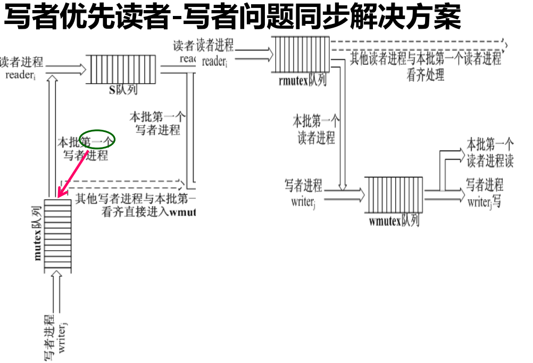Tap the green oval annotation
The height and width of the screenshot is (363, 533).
[97, 139]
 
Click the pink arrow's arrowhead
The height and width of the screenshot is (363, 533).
[60, 194]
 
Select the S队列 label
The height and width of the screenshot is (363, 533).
[123, 89]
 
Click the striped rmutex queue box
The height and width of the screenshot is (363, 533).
[301, 54]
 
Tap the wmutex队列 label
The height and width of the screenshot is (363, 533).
[394, 220]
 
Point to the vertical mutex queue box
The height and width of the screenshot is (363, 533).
[57, 234]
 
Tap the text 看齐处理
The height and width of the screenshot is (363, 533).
[425, 75]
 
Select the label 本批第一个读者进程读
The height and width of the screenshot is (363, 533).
[490, 153]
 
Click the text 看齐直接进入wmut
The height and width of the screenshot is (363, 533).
[149, 212]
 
